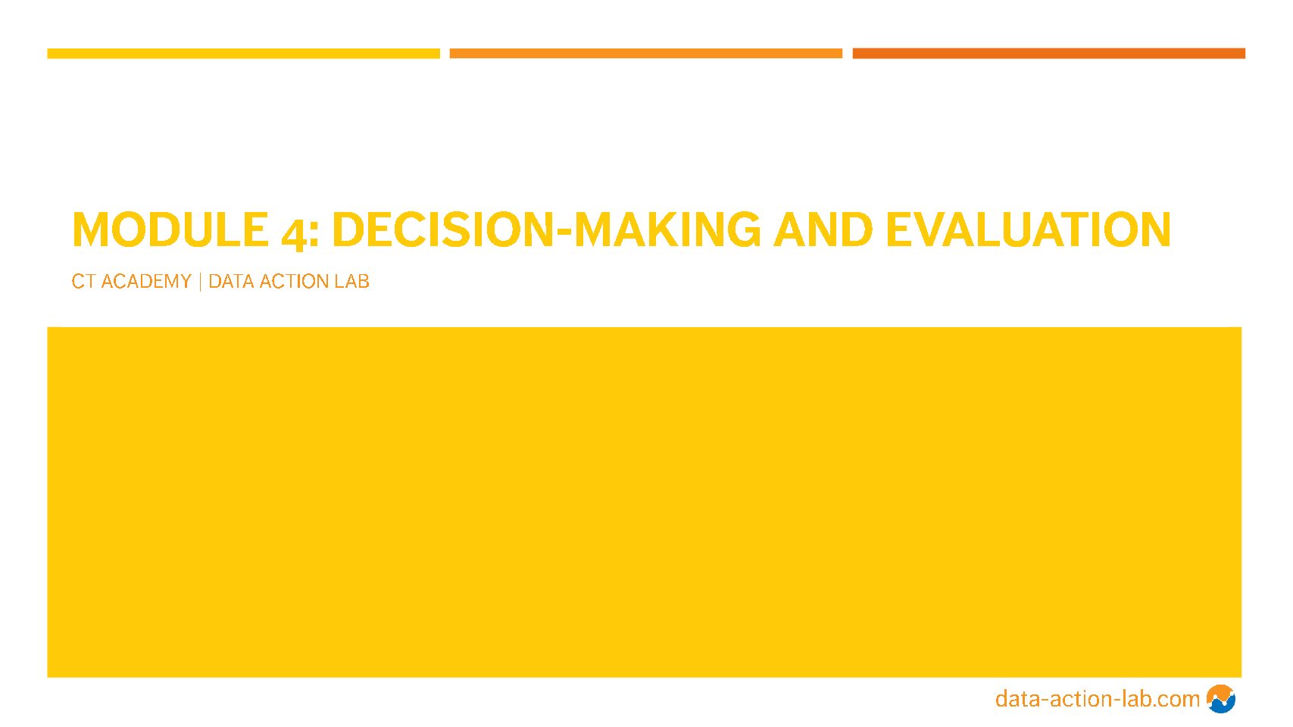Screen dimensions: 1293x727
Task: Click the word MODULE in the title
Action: tap(170, 229)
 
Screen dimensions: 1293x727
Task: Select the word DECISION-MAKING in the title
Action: tap(546, 229)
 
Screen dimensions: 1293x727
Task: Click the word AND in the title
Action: tap(823, 229)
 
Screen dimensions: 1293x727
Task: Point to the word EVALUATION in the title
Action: tap(1028, 229)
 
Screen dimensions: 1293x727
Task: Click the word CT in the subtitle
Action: tap(83, 282)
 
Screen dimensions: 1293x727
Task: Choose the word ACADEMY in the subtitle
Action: tap(146, 282)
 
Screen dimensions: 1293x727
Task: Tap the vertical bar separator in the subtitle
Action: tap(200, 282)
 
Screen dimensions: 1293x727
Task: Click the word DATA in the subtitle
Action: tap(231, 282)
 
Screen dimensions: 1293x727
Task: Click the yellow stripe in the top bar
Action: tap(244, 54)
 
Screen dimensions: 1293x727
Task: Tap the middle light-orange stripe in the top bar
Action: tap(646, 54)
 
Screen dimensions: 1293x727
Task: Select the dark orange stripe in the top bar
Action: tap(1049, 54)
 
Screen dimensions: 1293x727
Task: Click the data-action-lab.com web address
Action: tap(1098, 699)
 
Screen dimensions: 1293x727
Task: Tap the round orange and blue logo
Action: tap(1221, 699)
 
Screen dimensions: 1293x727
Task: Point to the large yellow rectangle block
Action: tap(644, 502)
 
